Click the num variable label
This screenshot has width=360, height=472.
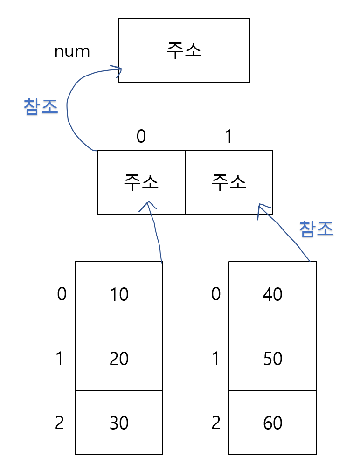[72, 51]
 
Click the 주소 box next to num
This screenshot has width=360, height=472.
[184, 50]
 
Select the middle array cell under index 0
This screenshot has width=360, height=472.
[141, 182]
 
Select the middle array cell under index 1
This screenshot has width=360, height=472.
[228, 182]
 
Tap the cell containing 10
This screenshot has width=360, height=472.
[119, 294]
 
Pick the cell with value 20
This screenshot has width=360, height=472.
[119, 359]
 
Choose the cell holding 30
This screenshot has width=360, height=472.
[119, 423]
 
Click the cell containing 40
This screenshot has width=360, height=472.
[273, 294]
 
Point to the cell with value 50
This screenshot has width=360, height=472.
[273, 359]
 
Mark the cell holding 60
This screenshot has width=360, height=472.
[273, 423]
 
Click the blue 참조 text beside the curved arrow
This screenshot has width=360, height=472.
[41, 107]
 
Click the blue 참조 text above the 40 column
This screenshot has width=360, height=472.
[317, 229]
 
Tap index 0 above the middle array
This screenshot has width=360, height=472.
[141, 136]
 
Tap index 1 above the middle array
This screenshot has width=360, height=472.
[228, 136]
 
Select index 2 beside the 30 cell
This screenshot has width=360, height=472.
[59, 423]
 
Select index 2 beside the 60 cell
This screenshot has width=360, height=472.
[215, 423]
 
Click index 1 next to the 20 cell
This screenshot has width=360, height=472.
[59, 359]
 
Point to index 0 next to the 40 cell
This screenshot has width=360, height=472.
[215, 294]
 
